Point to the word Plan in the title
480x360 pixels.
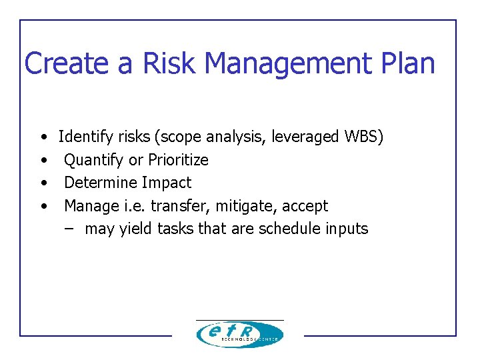pos(407,63)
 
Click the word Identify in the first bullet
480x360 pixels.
pos(86,137)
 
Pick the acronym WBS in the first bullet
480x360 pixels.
pos(363,137)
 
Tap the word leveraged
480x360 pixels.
pos(307,137)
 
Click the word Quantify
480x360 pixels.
pos(93,160)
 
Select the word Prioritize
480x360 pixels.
pos(178,160)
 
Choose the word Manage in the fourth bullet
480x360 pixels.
pos(90,206)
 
